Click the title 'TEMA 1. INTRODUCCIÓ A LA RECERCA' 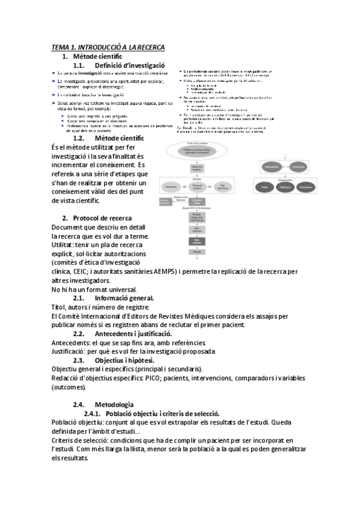[x=108, y=47]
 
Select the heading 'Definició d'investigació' [x=129, y=65]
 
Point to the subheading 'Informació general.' [x=124, y=298]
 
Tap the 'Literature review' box [x=197, y=201]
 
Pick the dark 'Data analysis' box [x=197, y=241]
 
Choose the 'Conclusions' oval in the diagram [x=298, y=166]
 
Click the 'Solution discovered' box [x=166, y=201]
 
